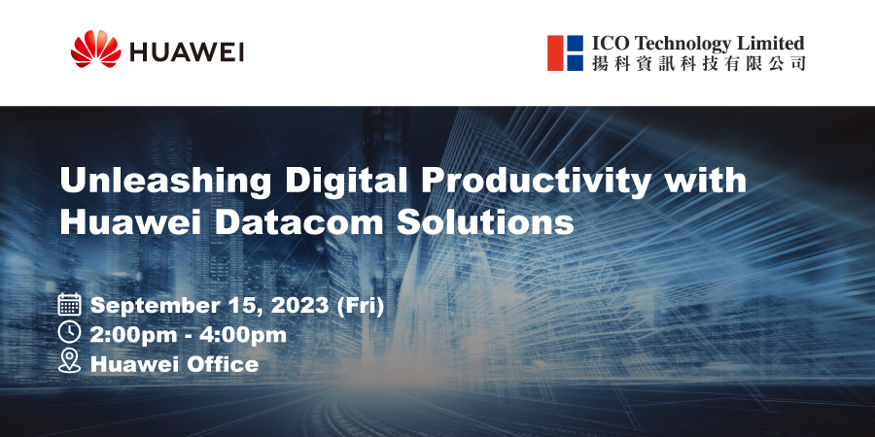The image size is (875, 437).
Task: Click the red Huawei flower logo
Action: pyautogui.click(x=95, y=50)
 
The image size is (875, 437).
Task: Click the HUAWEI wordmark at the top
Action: pyautogui.click(x=187, y=52)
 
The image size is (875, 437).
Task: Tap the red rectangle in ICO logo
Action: pyautogui.click(x=555, y=53)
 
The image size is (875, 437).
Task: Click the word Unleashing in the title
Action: pyautogui.click(x=165, y=182)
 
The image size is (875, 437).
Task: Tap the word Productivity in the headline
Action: pyautogui.click(x=535, y=182)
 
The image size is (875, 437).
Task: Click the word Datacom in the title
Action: pyautogui.click(x=299, y=220)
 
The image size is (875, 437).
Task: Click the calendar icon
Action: pyautogui.click(x=70, y=304)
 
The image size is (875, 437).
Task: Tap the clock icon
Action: pyautogui.click(x=70, y=332)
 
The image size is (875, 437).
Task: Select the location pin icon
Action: pyautogui.click(x=70, y=360)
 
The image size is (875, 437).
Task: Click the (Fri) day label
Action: pyautogui.click(x=361, y=306)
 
